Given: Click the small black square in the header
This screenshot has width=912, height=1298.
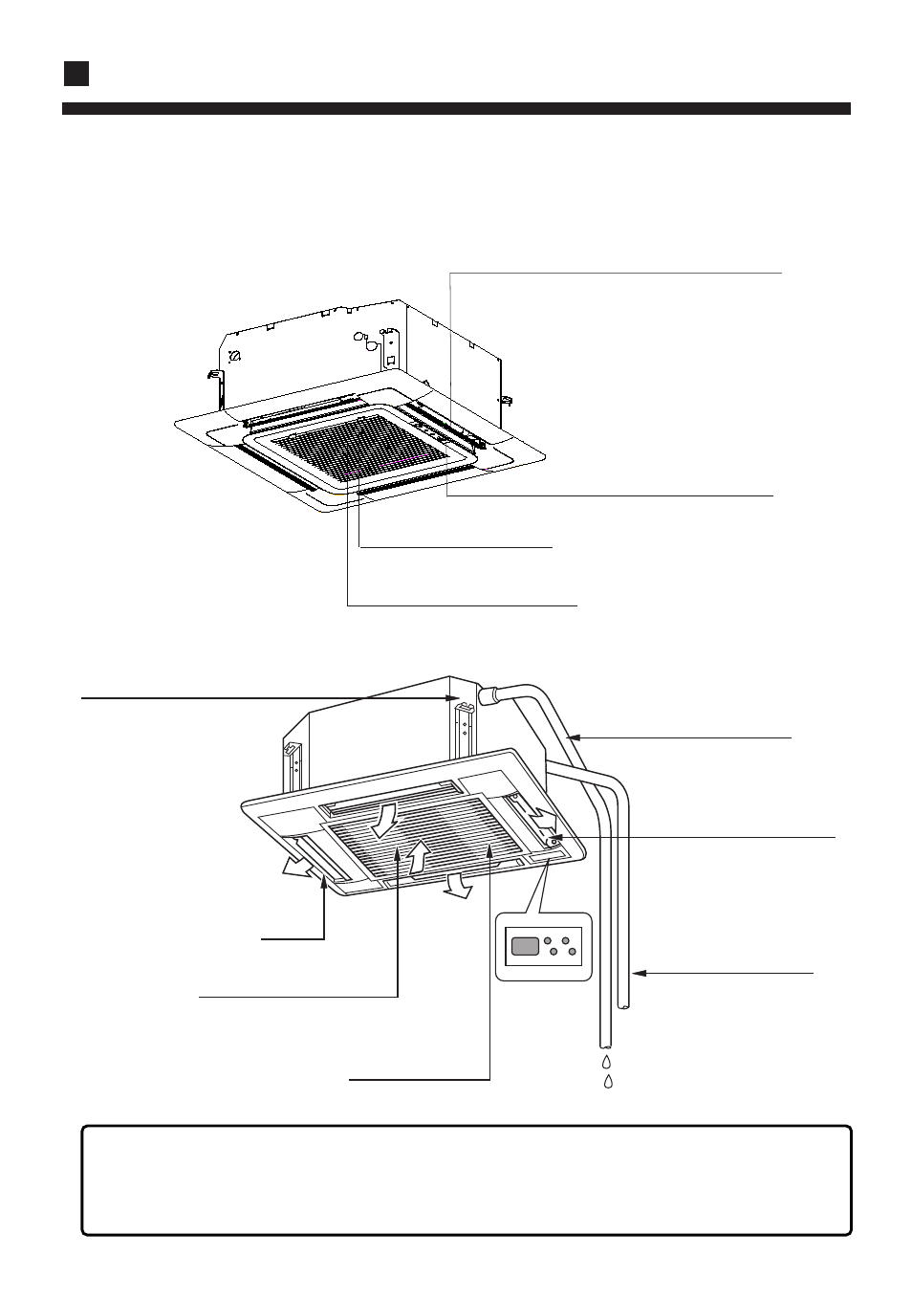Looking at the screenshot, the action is tap(76, 74).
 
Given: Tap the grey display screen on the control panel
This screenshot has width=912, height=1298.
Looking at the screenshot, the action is tap(525, 947).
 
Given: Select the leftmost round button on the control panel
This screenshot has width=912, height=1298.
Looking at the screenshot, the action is tap(547, 942).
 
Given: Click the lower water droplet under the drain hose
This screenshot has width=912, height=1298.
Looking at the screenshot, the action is tap(609, 1081).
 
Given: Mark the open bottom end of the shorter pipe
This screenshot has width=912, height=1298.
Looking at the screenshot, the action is tap(624, 1004).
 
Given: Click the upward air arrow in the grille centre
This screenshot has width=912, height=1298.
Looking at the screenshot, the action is tap(418, 855).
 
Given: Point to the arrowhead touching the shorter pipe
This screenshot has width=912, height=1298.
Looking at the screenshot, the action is tap(639, 974).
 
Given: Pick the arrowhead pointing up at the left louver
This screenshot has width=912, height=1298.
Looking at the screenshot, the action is tap(325, 885).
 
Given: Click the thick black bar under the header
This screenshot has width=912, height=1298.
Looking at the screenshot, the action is tap(456, 109).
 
